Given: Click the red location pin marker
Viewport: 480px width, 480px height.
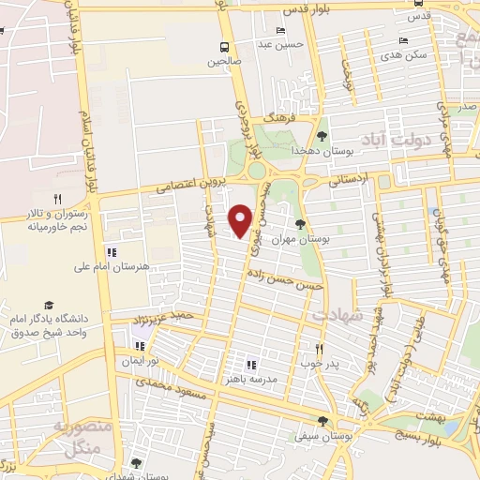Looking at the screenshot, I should point(242,219).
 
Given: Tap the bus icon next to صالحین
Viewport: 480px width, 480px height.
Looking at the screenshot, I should point(224,48).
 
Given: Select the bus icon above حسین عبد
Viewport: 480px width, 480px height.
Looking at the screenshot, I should point(278,29).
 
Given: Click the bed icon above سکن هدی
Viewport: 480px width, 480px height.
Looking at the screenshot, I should point(403,40).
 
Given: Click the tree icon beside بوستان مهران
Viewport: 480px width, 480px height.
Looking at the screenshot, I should point(300,224).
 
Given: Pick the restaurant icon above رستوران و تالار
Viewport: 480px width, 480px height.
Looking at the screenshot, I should point(57,199).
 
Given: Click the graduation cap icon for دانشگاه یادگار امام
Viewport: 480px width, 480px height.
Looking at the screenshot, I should point(48,306).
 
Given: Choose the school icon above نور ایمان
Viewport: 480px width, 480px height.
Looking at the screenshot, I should point(140,345).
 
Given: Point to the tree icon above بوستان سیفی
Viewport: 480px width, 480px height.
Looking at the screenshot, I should point(322,422).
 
